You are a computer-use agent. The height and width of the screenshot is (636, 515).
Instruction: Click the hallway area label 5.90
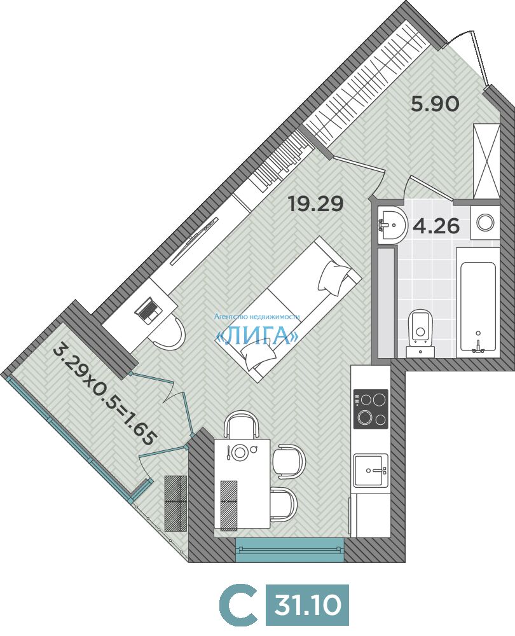coord(435,104)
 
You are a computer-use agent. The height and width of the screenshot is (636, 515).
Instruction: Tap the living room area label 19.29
coord(316,204)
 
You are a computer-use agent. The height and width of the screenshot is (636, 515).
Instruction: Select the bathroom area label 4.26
coord(436,226)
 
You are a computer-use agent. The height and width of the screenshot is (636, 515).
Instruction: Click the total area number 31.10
coord(307,605)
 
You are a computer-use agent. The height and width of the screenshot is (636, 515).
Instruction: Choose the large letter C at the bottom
coord(238,605)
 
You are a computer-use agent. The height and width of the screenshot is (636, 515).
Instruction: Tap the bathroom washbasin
coord(392,225)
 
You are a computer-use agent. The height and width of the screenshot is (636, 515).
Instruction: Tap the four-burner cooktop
coord(371,409)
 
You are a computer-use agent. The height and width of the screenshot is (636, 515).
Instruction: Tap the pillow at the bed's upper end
coord(334,278)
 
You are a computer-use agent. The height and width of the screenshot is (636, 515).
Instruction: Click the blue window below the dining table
coord(289,550)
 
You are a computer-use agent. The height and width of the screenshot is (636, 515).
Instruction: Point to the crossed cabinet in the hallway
coord(485,161)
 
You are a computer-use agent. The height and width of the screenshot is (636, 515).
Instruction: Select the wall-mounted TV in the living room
coord(195,240)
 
